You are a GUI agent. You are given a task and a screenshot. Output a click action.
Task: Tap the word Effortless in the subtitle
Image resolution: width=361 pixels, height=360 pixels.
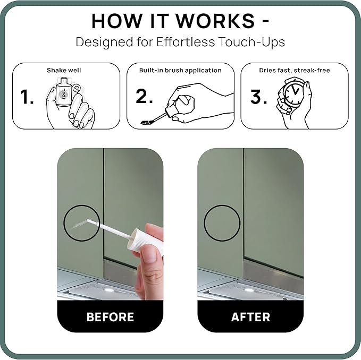[x=186, y=42]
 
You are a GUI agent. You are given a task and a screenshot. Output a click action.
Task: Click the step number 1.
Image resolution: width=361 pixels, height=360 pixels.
[x=27, y=97]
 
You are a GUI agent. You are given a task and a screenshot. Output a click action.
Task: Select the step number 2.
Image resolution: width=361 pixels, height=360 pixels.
[x=144, y=96]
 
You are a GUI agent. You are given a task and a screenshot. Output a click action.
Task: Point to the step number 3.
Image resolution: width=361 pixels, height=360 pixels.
[x=258, y=97]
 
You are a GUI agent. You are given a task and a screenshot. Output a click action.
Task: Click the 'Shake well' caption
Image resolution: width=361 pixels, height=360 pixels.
[x=64, y=70]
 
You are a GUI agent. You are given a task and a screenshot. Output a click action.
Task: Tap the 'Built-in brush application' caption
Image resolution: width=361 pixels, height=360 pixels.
[x=180, y=70]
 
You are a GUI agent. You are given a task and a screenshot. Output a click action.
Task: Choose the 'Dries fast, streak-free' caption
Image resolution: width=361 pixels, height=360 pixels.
[x=295, y=70]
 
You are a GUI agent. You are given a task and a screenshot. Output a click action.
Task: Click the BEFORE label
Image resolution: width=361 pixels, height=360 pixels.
[x=110, y=317]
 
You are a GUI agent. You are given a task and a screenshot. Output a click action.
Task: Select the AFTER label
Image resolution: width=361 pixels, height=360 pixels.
[x=250, y=317]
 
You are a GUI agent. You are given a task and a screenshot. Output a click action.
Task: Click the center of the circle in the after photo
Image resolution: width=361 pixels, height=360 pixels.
[x=222, y=223]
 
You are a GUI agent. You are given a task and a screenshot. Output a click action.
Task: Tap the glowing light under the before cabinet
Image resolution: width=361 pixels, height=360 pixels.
[x=108, y=290]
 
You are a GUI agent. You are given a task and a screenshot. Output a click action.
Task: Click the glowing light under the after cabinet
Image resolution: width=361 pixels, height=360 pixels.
[x=248, y=290]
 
